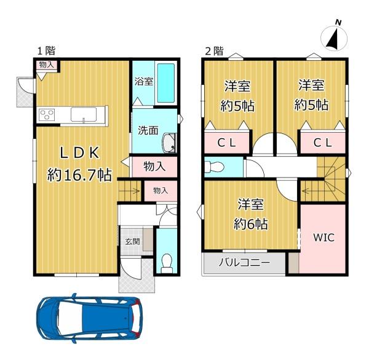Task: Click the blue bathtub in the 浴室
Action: coord(166,83)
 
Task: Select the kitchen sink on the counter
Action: coord(84,114)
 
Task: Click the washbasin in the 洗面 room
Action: coord(169,143)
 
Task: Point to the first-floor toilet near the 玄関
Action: coord(167,263)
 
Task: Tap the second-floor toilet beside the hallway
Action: coord(213,166)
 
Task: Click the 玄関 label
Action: coord(132,241)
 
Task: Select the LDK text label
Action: coord(79,153)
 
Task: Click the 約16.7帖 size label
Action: coord(79,175)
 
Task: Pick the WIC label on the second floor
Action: coord(324,238)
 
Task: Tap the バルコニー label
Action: coord(244,262)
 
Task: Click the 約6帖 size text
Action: coord(251,224)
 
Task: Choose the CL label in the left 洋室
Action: coord(226,143)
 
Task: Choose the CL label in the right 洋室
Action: coord(323,143)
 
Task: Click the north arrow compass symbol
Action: coord(334,37)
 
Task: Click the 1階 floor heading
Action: coord(46,50)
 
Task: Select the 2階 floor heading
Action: coord(214,51)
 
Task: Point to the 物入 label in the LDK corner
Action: coord(46,65)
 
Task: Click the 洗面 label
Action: coord(148,130)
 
